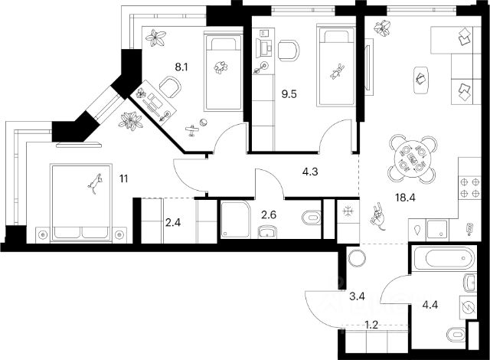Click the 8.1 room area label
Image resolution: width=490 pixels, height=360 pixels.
click(181, 67)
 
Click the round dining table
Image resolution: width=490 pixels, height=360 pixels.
click(412, 159)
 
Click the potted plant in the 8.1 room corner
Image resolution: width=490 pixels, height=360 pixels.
click(158, 38)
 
